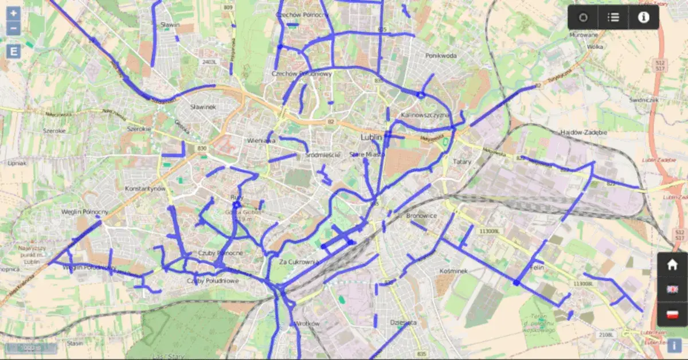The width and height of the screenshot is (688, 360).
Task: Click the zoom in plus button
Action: tap(14, 14)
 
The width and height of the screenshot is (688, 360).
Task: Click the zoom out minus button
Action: tap(14, 29)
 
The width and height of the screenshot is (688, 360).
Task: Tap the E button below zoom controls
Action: tap(14, 52)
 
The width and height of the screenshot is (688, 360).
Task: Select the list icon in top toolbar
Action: tap(613, 17)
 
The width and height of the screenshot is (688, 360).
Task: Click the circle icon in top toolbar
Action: tap(583, 17)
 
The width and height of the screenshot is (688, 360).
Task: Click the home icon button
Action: tap(672, 265)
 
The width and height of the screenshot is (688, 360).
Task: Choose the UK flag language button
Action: tap(672, 289)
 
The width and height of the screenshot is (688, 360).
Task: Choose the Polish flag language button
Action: tap(672, 314)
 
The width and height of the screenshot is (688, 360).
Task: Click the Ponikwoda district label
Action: tap(441, 56)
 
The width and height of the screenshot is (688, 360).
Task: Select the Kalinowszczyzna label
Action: tap(424, 115)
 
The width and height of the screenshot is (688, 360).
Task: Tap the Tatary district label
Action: tap(462, 162)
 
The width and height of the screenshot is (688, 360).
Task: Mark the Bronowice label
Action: tap(421, 216)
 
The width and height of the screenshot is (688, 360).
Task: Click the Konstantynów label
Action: tap(145, 189)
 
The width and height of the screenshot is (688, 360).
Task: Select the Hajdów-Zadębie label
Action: tap(583, 132)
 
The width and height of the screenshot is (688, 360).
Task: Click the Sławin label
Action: tap(170, 25)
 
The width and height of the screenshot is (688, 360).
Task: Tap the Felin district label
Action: tap(537, 267)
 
